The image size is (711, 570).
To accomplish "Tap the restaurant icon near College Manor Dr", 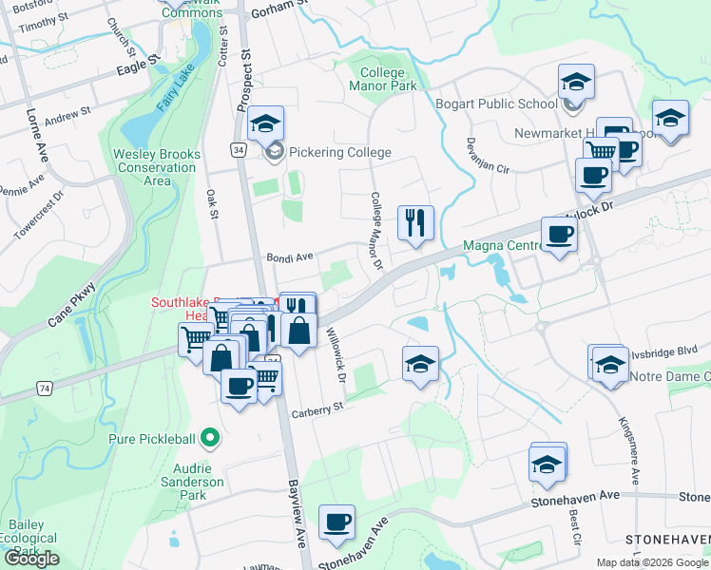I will click(415, 223).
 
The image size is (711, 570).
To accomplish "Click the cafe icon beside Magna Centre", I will click(558, 234).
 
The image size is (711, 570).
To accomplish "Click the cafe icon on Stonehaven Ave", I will click(336, 522).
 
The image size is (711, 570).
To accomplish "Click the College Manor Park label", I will click(389, 79).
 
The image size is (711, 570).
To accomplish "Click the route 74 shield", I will click(45, 389).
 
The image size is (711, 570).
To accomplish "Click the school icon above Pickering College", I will click(265, 123).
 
